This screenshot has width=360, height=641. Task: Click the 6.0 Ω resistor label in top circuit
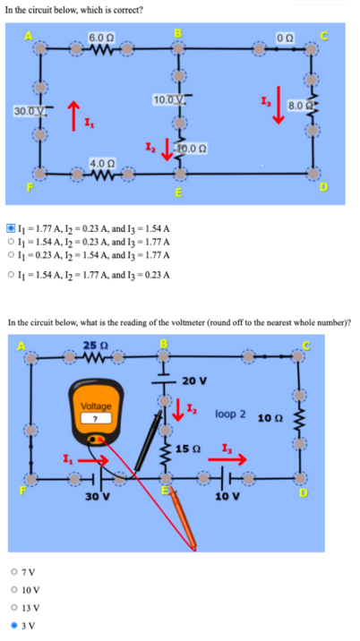click(x=99, y=35)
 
